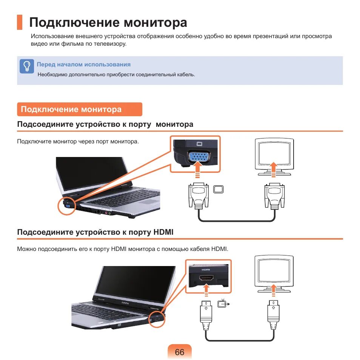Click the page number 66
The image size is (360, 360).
pos(180,352)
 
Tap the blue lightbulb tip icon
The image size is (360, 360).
pos(27,66)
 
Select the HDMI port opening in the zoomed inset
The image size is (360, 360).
pos(206,278)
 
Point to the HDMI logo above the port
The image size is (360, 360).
pos(206,269)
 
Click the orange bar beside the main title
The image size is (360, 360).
pos(20,22)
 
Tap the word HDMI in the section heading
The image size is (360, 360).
pos(163,232)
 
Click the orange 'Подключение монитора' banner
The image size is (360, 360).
pos(80,109)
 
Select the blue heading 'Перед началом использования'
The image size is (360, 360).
pos(83,64)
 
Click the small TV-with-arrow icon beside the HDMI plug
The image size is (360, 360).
pos(223,304)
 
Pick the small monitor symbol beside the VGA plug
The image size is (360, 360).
pos(218,189)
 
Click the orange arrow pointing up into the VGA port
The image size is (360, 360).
pos(197,169)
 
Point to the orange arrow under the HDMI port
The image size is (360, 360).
pos(206,291)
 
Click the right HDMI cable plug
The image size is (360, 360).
pos(273,315)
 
